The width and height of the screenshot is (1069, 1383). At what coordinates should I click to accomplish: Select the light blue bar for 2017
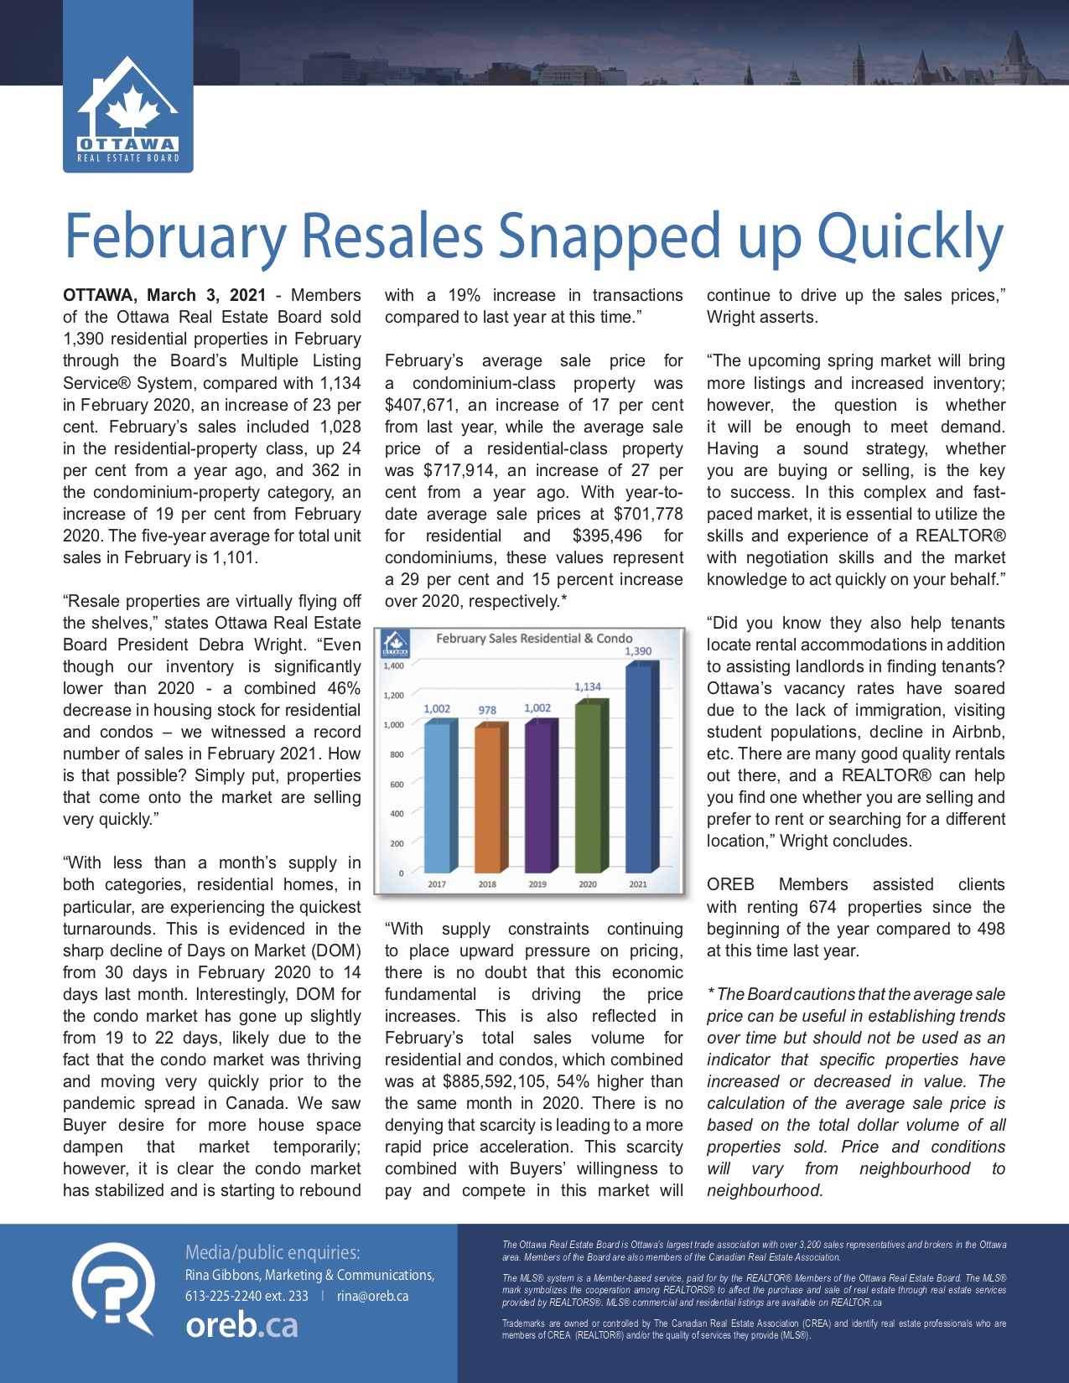437,796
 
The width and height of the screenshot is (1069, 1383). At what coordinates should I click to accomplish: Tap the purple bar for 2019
537,796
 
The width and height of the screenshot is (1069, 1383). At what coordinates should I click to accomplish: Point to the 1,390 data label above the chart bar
638,651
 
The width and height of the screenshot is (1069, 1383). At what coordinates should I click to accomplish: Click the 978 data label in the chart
487,710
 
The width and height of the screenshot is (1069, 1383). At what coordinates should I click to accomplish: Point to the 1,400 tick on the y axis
393,666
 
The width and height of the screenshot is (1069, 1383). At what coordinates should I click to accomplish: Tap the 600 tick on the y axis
397,785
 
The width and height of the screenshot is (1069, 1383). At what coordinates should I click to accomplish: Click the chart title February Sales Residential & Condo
534,639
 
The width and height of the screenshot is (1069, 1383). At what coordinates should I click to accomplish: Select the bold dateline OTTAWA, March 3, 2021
164,296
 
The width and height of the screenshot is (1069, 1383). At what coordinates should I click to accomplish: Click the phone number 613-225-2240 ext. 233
246,1296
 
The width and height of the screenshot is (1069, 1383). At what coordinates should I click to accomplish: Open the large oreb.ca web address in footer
241,1325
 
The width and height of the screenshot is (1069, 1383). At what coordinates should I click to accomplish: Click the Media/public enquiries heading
272,1252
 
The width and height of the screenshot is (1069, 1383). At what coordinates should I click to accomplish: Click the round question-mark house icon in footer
114,1287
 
